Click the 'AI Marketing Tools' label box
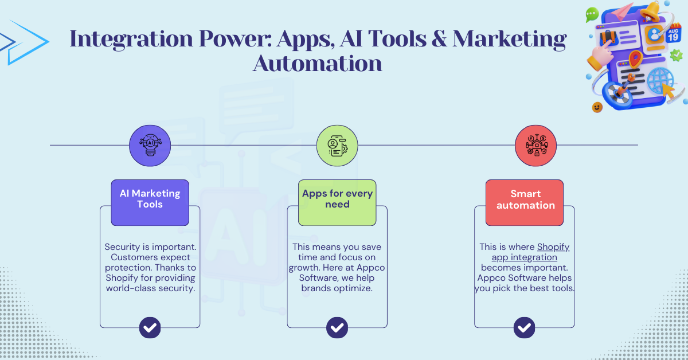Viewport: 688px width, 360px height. [x=150, y=199]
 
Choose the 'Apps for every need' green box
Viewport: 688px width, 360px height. [x=337, y=199]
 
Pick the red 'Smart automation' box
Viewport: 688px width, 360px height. [x=525, y=199]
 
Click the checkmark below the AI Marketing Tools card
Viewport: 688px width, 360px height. [x=150, y=328]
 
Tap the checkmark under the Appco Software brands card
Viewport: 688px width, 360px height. [x=337, y=328]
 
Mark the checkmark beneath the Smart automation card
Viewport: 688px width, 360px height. [x=525, y=328]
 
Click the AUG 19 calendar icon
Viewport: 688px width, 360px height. [x=673, y=34]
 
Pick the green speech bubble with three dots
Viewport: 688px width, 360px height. [x=592, y=14]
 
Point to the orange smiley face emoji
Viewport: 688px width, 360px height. [x=597, y=107]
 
